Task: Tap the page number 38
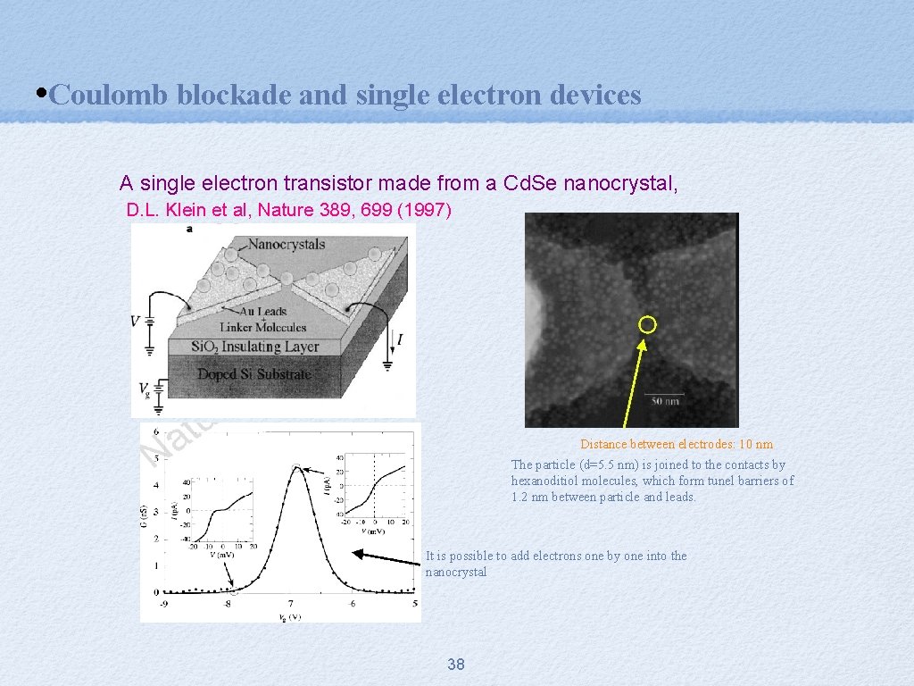(x=456, y=664)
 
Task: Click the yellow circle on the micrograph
(x=648, y=324)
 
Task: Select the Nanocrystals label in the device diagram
(x=286, y=244)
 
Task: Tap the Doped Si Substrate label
(x=254, y=374)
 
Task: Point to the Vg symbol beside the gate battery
(x=145, y=388)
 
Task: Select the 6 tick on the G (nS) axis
(x=156, y=432)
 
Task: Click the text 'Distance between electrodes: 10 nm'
(x=677, y=444)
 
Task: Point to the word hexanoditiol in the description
(x=546, y=481)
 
